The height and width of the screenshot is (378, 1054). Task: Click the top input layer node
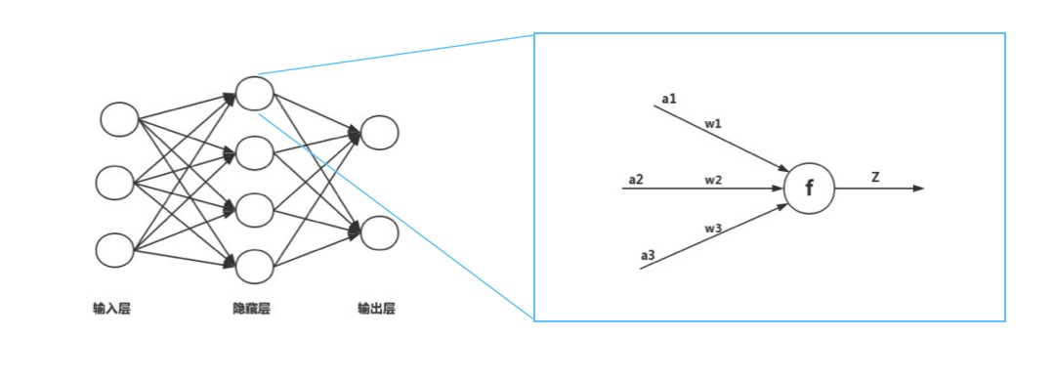(119, 119)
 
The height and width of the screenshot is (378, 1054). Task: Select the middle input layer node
(115, 183)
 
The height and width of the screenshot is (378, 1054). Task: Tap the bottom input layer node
(115, 250)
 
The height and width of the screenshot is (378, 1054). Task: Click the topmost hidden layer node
(254, 93)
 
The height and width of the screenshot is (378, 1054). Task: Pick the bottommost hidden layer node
(254, 266)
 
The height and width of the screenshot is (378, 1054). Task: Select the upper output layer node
(379, 134)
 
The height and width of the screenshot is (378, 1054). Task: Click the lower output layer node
(379, 233)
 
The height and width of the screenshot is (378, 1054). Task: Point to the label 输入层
(111, 310)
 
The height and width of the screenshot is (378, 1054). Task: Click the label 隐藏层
(251, 310)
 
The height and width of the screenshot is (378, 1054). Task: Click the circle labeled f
(809, 188)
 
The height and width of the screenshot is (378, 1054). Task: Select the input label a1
(669, 99)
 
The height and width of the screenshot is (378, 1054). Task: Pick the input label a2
(636, 179)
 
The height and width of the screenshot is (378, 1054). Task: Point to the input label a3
(649, 256)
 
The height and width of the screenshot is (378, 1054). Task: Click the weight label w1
(713, 124)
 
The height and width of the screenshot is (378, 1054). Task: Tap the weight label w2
(713, 179)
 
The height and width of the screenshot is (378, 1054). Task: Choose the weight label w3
(713, 228)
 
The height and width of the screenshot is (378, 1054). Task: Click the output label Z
(875, 177)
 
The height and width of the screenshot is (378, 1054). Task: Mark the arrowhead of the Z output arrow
(918, 188)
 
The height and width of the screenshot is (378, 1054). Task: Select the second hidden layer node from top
(254, 152)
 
